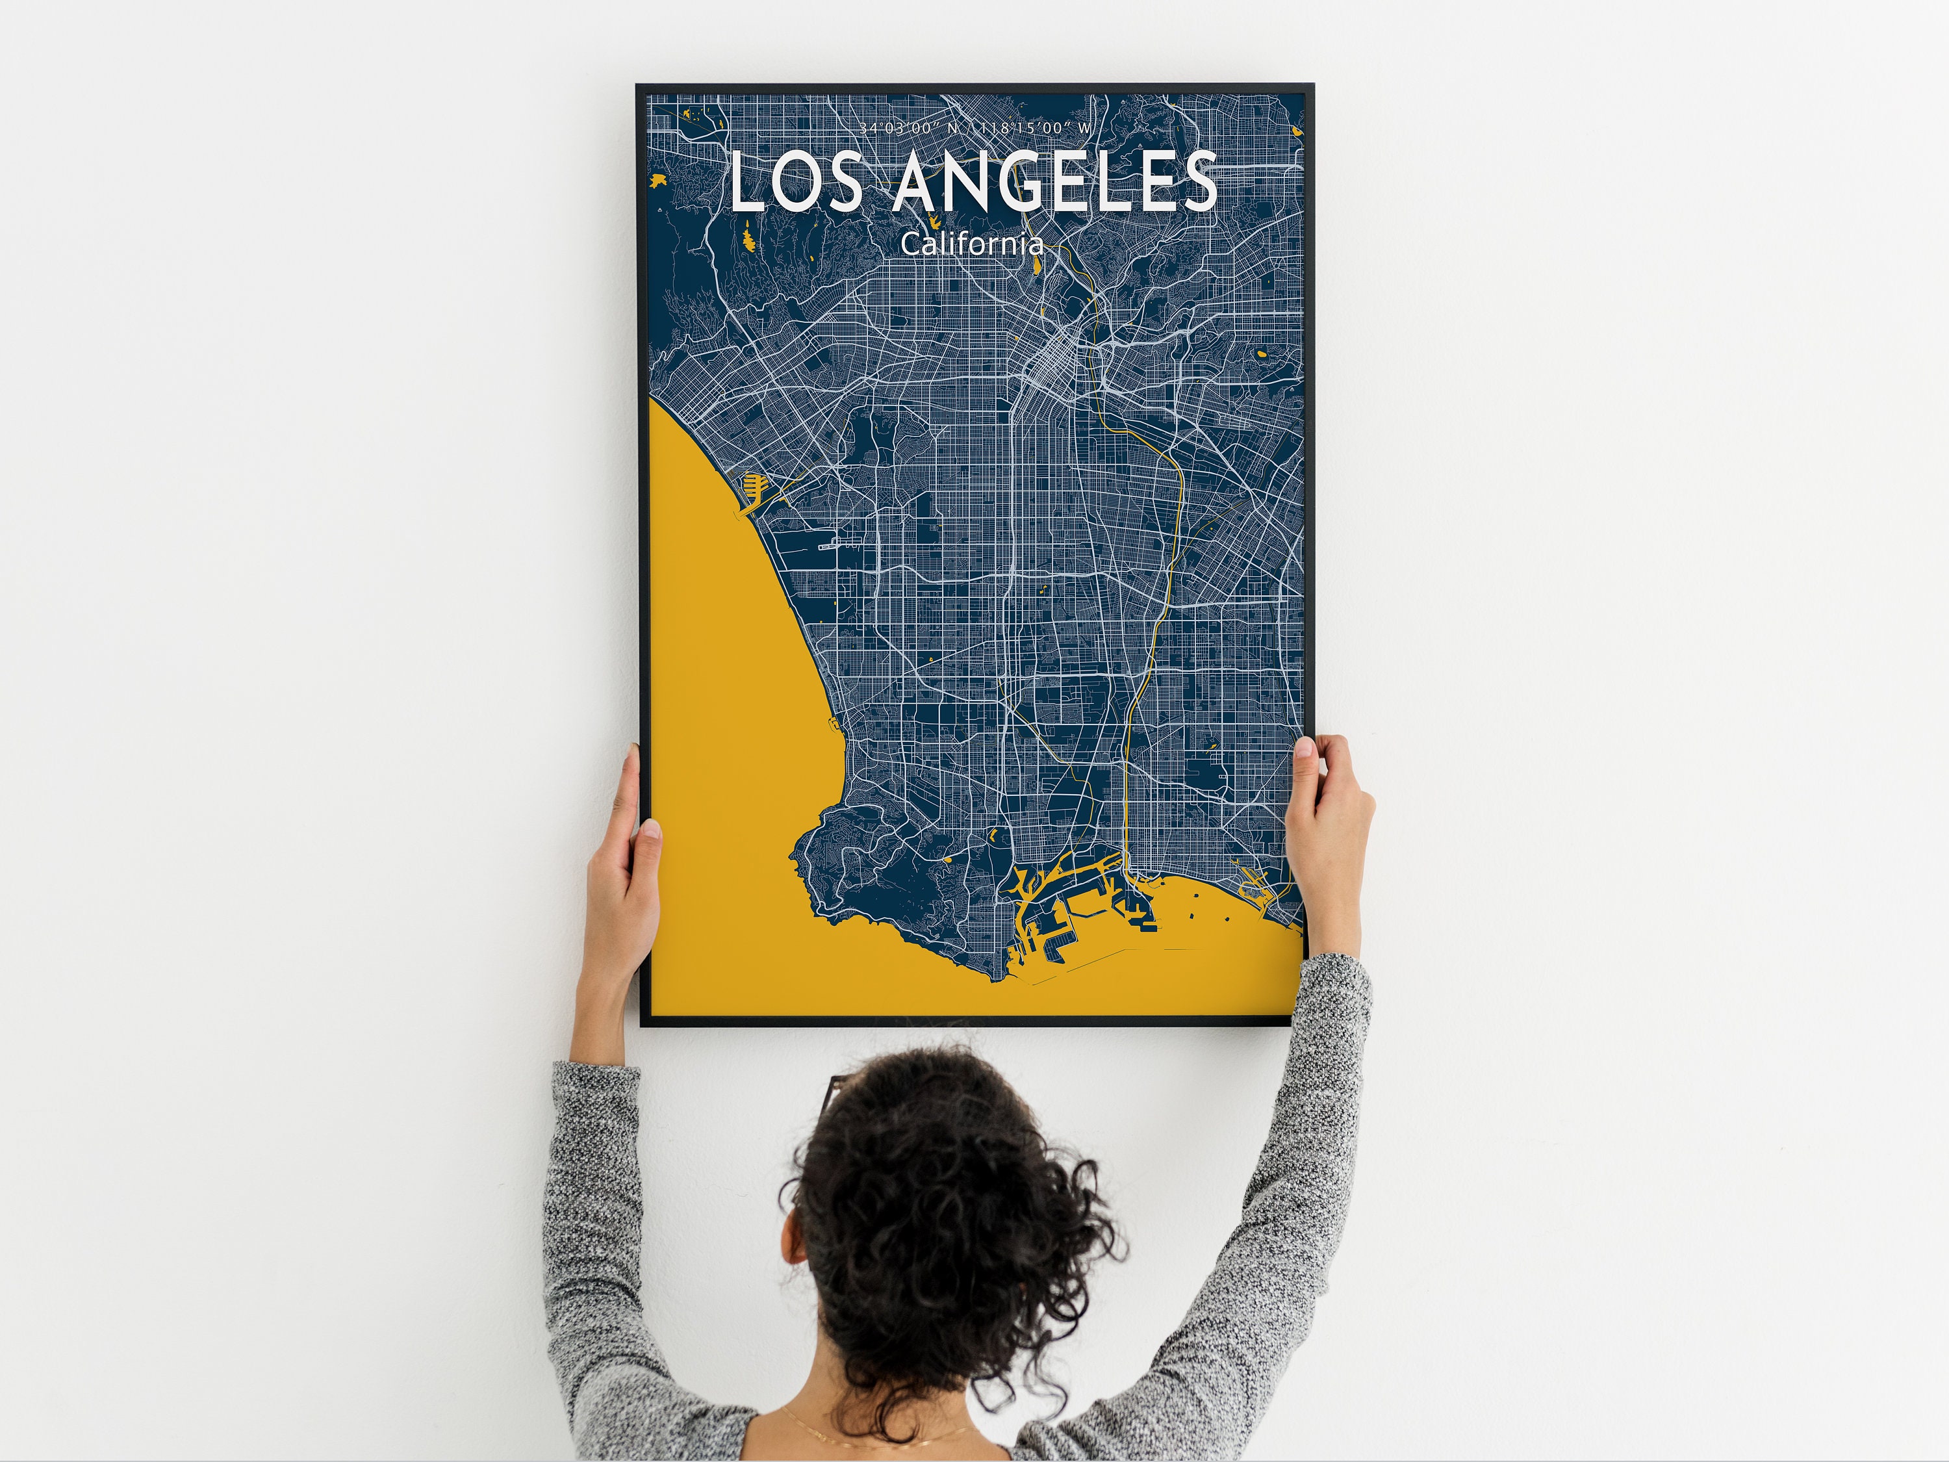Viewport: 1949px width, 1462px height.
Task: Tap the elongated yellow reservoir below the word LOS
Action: coord(749,236)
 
